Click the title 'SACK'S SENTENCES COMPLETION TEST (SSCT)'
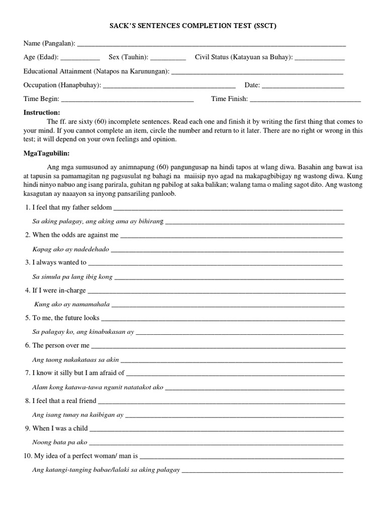click(x=193, y=26)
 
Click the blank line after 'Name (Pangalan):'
click(x=211, y=45)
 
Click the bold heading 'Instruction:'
click(x=42, y=112)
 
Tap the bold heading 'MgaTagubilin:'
click(x=46, y=153)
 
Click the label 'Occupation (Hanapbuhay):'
click(x=62, y=85)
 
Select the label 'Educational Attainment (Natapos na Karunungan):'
click(x=96, y=71)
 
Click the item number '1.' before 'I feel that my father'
click(x=27, y=208)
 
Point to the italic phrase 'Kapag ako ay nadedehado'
click(x=70, y=249)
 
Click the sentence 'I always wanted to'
click(x=59, y=263)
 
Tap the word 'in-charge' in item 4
click(x=73, y=290)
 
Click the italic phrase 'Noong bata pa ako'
click(x=60, y=442)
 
